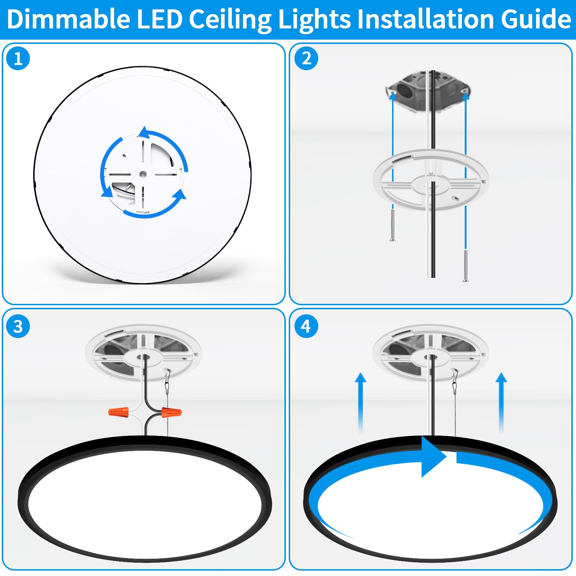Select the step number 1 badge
(x=18, y=58)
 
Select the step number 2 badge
(x=306, y=58)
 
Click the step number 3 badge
(x=18, y=326)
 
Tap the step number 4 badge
(x=306, y=326)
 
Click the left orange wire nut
(x=119, y=412)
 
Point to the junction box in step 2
(x=428, y=90)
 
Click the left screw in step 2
(x=392, y=225)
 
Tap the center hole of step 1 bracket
(x=143, y=174)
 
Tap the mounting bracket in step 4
(x=430, y=353)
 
